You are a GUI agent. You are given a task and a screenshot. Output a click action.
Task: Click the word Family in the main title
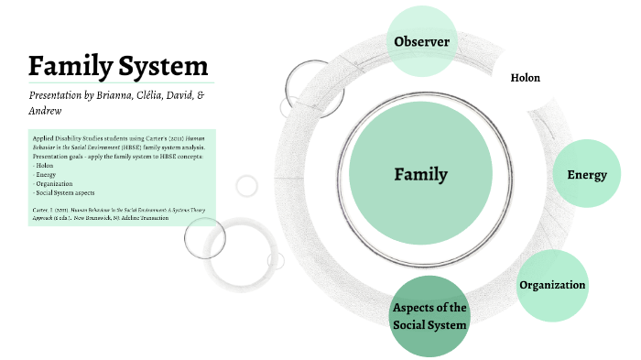coord(69,66)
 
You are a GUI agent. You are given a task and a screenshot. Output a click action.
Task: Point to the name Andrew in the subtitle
coord(47,111)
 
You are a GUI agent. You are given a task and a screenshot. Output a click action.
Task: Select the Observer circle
coord(421,41)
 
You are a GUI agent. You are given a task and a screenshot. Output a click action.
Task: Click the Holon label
coord(525,78)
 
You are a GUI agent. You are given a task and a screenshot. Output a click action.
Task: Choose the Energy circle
coord(587,174)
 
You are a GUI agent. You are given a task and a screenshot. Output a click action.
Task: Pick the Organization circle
coord(552,285)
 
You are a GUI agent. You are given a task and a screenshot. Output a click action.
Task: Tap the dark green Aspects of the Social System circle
coord(429,316)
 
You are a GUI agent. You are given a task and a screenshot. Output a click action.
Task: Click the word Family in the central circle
coord(421,174)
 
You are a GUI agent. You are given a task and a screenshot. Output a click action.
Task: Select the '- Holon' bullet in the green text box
coord(45,165)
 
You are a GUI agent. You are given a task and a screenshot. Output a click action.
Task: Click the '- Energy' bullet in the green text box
coord(46,174)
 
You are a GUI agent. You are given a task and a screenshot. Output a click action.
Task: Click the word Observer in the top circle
coord(421,41)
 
